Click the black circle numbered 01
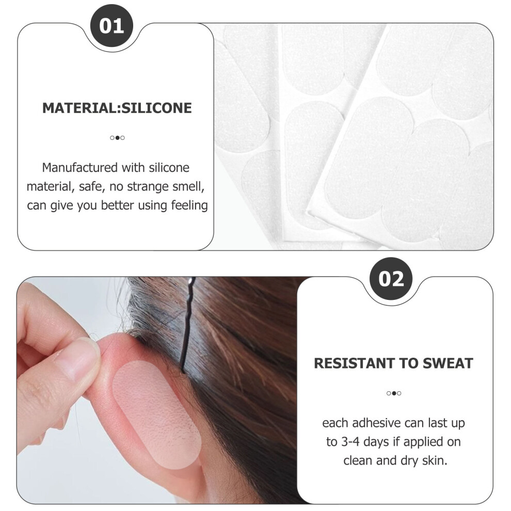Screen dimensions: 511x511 111,26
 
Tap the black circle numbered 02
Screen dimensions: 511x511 391,279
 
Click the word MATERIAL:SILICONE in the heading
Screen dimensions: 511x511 117,108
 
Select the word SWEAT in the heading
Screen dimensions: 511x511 448,363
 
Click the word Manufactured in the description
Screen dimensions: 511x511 80,168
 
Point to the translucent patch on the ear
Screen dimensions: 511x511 156,414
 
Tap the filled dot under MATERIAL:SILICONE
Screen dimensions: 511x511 117,138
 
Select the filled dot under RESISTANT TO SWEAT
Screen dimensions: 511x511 394,393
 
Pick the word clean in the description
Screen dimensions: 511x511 358,461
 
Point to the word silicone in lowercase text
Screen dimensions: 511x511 169,168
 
